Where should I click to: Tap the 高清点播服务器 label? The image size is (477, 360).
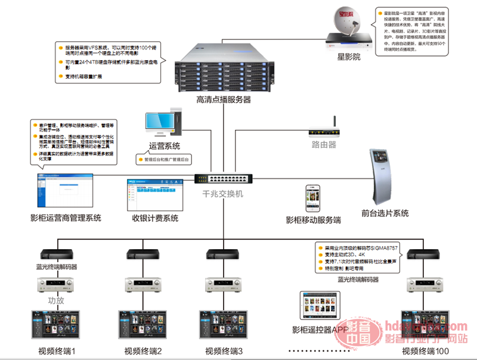(x=224, y=100)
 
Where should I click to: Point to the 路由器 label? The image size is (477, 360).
(x=324, y=144)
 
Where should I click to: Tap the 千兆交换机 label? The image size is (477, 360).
(x=223, y=194)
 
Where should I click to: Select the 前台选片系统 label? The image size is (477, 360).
(x=385, y=213)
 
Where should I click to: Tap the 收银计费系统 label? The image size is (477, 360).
(x=155, y=218)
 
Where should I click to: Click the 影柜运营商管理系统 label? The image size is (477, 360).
(x=66, y=218)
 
